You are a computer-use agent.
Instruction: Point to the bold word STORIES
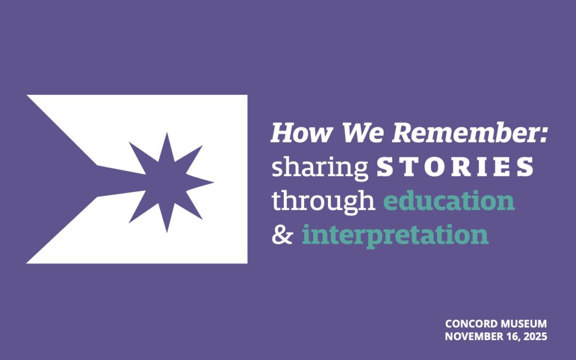click(455, 167)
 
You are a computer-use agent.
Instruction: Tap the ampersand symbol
click(282, 235)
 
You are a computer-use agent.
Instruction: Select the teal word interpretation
click(395, 235)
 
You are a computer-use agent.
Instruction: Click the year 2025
click(535, 337)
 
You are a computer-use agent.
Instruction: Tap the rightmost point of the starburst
click(213, 182)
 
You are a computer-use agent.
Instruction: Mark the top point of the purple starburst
click(167, 134)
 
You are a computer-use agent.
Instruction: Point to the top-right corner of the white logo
click(246, 96)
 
